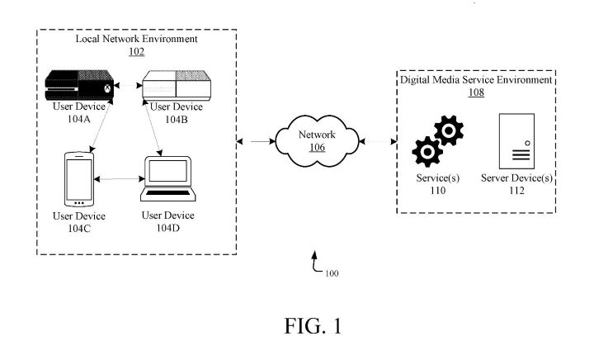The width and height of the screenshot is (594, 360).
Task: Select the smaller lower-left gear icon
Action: tap(427, 153)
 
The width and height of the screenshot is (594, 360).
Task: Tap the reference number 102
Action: tap(136, 51)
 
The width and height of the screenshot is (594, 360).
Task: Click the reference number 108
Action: tap(477, 92)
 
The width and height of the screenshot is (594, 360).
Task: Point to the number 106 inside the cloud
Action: tap(317, 148)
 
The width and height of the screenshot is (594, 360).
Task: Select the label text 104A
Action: tap(79, 119)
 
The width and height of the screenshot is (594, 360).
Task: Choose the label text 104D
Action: tap(168, 227)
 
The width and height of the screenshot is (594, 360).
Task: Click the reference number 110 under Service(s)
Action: tap(437, 190)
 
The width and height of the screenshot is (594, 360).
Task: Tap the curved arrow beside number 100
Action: tap(316, 264)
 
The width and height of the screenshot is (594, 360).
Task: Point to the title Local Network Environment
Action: tap(136, 39)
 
